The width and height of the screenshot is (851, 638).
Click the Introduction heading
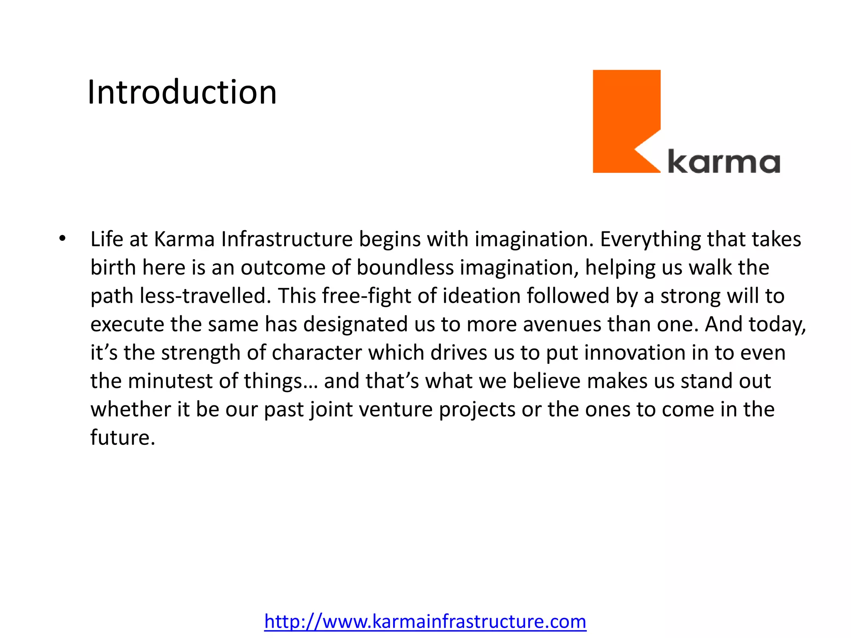coord(182,92)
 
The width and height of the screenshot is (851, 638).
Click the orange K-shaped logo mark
coord(623,120)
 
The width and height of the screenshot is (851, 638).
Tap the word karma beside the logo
coord(723,162)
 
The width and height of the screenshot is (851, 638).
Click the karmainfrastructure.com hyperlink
coord(425,621)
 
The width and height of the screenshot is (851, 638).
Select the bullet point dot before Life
coord(62,239)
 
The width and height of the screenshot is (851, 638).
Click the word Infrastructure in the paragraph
coord(287,239)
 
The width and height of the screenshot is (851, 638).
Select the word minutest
coord(170,381)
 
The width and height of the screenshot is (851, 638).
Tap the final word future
coord(123,437)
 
